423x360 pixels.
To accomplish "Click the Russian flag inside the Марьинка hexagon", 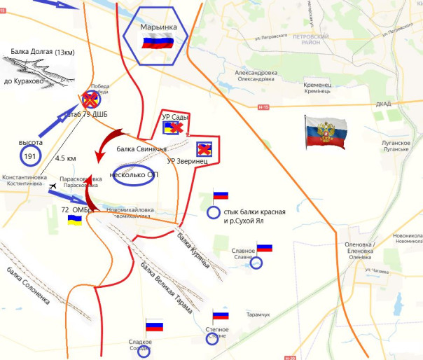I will [153, 43].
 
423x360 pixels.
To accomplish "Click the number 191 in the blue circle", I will [29, 155].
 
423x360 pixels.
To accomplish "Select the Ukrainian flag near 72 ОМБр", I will [74, 220].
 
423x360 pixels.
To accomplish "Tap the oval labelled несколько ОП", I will [133, 175].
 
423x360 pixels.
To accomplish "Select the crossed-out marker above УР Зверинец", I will [204, 148].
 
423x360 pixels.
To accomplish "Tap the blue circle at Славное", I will [256, 263].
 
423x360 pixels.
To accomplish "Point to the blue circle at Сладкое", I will [144, 352].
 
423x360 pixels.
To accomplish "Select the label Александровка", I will [256, 72].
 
